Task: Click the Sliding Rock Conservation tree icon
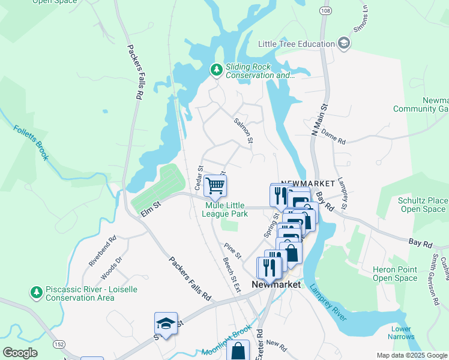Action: point(216,70)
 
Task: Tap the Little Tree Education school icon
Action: point(344,43)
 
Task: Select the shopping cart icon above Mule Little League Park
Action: point(215,185)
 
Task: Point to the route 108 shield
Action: point(325,11)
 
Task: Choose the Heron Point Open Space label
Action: point(394,274)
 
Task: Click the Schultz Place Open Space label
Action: point(423,205)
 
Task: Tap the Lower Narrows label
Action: point(401,332)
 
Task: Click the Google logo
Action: point(20,353)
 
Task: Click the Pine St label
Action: point(232,251)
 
